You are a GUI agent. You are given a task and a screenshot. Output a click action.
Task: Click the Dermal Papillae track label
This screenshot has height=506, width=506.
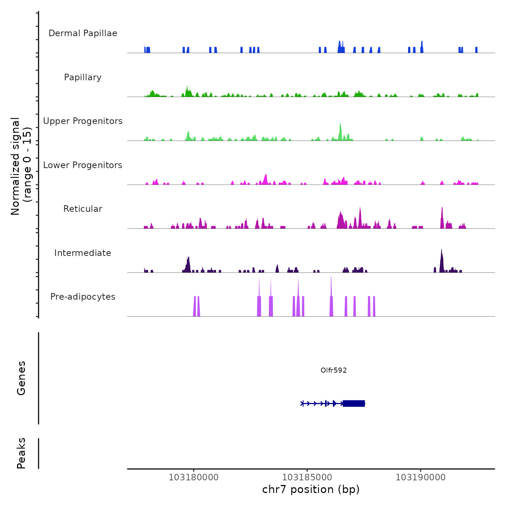point(83,33)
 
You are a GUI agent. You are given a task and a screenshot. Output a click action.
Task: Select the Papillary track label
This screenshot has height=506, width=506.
point(83,77)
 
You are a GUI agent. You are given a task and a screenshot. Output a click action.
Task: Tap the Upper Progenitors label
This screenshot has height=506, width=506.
point(83,121)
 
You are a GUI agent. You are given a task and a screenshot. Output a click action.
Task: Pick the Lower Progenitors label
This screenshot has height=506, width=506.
point(83,165)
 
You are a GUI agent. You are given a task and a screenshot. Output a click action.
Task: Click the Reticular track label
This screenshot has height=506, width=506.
point(83,209)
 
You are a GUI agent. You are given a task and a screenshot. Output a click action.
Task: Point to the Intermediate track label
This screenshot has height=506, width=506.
point(83,253)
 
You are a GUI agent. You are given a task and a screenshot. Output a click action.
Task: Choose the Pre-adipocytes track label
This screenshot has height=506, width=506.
point(83,297)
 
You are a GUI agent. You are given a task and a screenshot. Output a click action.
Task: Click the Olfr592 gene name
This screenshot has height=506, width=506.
point(334,370)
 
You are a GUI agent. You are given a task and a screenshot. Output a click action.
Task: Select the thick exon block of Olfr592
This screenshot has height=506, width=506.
point(354,403)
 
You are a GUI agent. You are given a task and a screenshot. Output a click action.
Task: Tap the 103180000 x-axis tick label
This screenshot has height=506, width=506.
point(194,477)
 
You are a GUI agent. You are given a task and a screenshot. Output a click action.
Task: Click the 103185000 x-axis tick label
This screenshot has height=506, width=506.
point(307,477)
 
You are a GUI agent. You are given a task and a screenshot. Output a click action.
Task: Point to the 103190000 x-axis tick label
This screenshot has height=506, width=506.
point(421,477)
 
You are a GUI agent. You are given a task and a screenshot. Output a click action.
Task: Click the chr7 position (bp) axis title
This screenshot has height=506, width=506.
point(311,489)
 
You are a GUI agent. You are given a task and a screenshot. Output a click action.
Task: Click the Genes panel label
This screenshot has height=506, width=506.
point(21,378)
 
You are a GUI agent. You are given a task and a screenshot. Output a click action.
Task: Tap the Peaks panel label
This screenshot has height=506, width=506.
point(21,453)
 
